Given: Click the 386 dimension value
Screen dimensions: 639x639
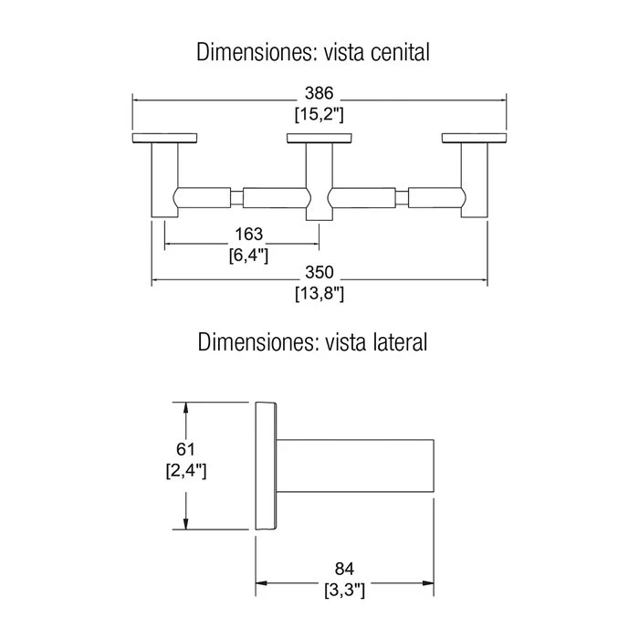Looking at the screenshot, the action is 319,93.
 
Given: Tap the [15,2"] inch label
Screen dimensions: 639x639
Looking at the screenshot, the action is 319,114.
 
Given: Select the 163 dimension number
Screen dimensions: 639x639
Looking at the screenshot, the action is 248,235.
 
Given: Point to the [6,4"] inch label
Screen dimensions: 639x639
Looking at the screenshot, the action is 248,256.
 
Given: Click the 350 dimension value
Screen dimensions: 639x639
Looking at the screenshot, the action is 319,272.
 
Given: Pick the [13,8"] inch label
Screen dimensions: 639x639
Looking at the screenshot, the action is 319,293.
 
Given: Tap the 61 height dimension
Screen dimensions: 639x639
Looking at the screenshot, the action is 185,449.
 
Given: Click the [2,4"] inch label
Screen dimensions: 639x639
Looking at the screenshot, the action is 186,471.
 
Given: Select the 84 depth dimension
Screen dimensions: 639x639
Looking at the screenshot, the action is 344,569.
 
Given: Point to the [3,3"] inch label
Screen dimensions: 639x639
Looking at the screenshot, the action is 344,590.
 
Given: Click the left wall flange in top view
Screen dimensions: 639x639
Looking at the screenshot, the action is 164,138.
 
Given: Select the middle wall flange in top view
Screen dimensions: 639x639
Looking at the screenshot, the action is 319,138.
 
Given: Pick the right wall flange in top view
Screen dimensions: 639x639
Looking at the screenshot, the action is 474,138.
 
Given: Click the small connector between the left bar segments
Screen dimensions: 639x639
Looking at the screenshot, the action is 236,198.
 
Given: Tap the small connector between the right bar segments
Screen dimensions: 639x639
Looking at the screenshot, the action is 402,198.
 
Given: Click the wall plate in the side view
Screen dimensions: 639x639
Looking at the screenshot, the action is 267,466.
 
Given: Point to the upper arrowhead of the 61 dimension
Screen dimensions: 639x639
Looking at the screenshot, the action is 186,409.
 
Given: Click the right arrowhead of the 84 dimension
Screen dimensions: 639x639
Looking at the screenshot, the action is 428,583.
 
